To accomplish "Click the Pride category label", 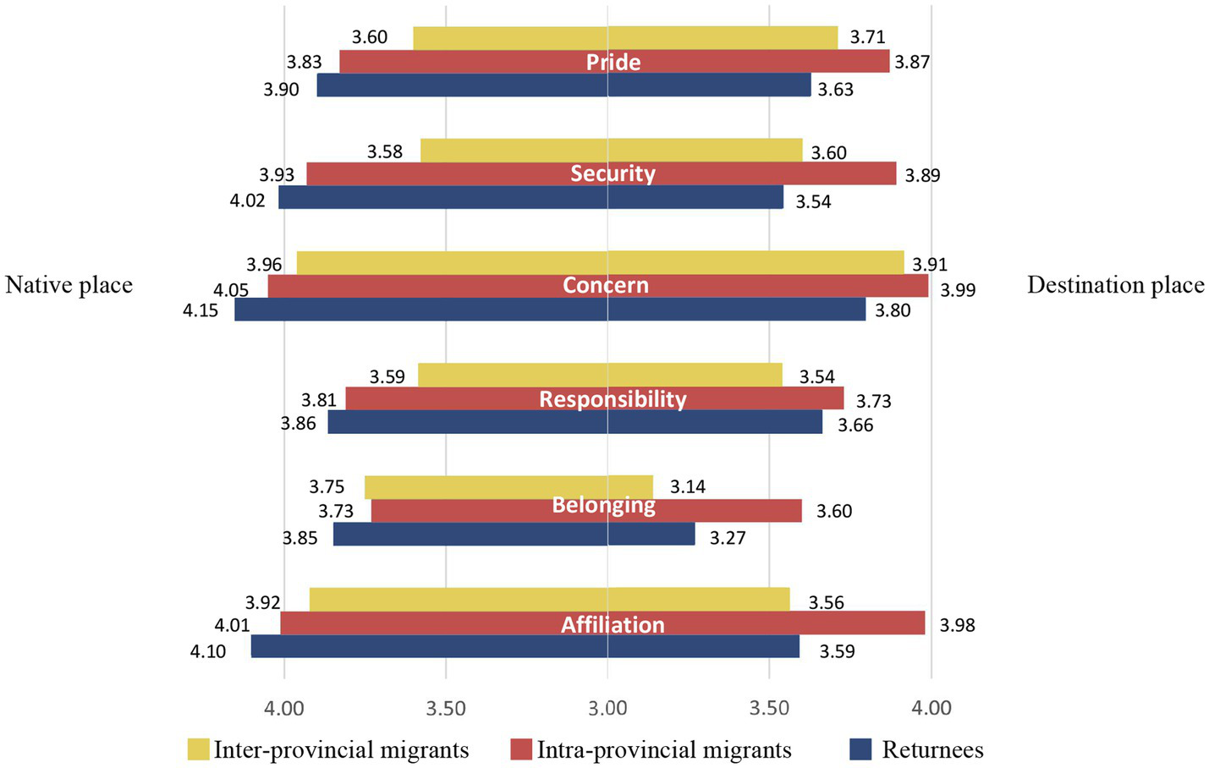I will (613, 62).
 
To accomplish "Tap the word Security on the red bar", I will (613, 173).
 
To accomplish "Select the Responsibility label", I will (613, 398).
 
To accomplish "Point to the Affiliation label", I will (613, 624).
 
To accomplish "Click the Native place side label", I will (69, 285).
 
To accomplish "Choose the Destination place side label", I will (1115, 285).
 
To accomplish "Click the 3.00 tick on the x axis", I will (607, 707).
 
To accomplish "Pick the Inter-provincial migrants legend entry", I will (328, 749).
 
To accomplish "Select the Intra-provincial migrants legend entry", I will (651, 749).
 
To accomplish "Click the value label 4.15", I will (201, 310).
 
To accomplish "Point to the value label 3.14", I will (688, 486).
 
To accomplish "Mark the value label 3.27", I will (728, 538).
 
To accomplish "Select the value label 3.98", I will (957, 625).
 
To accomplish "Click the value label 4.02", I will (247, 201).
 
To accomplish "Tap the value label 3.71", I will (867, 36).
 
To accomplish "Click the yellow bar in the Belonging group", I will (508, 487).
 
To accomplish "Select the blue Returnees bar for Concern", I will (550, 310).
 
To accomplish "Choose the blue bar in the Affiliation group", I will (525, 646).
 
